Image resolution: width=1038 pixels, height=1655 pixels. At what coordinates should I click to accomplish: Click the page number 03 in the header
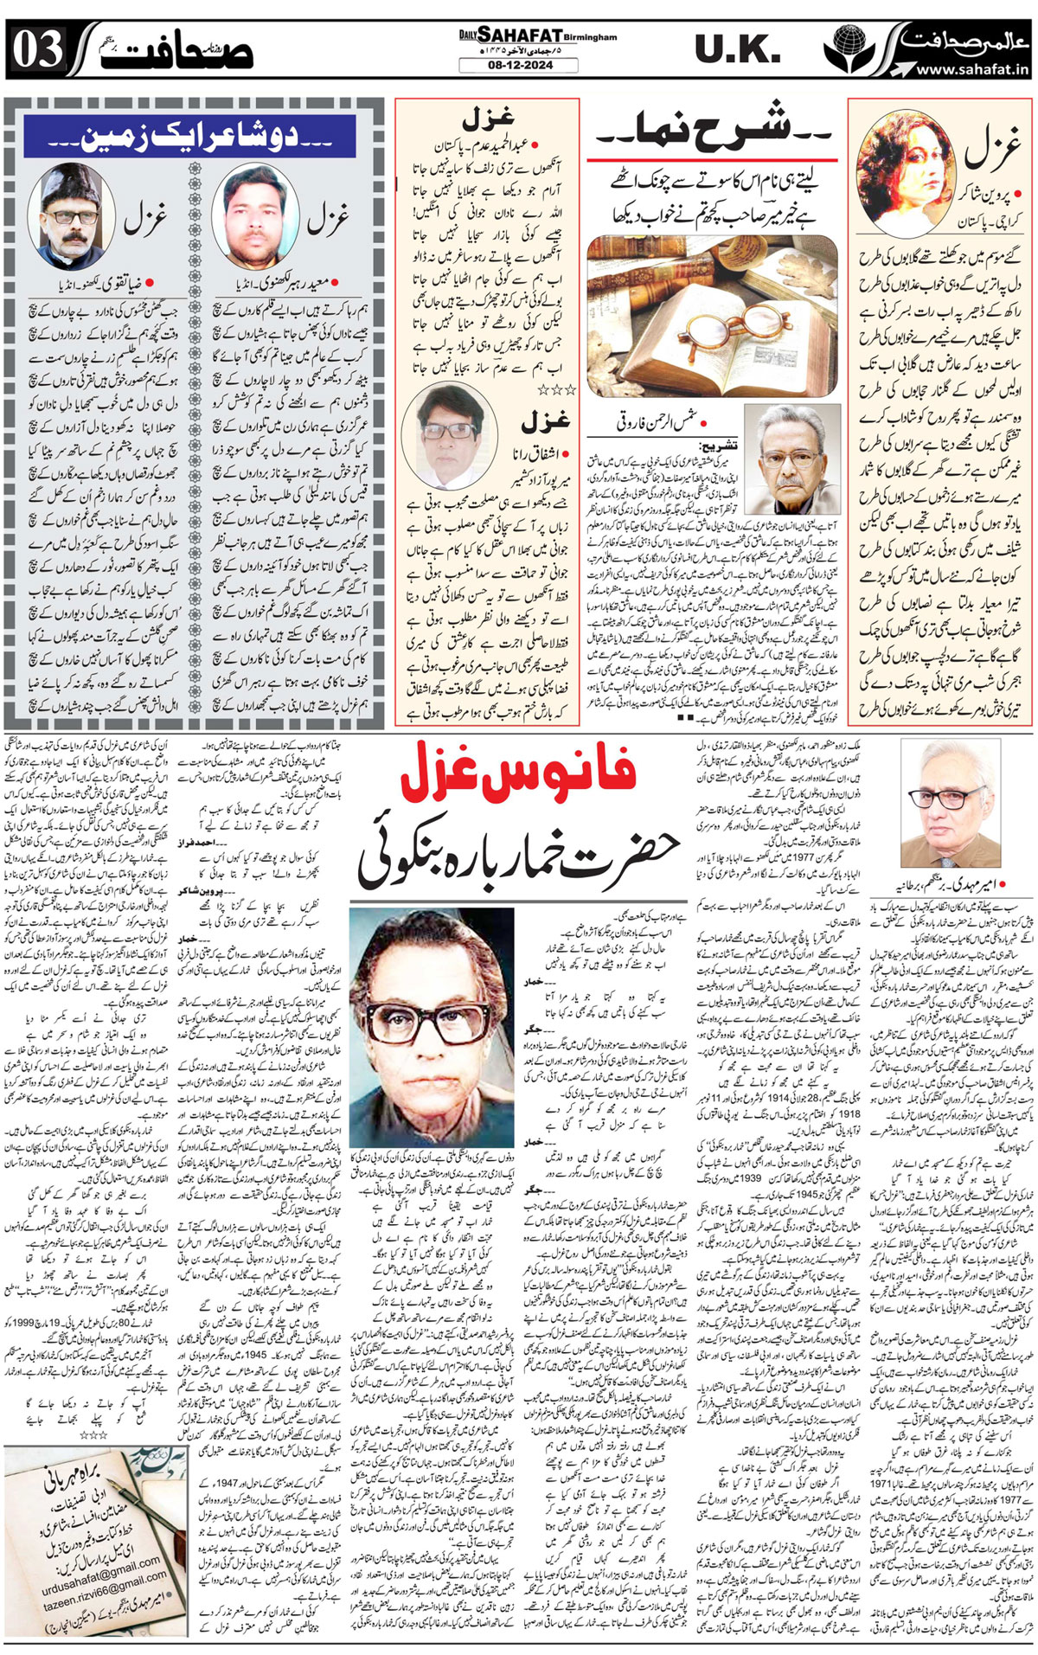pyautogui.click(x=37, y=50)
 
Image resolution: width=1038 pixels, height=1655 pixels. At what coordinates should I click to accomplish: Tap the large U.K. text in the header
pyautogui.click(x=738, y=50)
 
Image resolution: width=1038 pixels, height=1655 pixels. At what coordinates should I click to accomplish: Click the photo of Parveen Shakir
pyautogui.click(x=899, y=170)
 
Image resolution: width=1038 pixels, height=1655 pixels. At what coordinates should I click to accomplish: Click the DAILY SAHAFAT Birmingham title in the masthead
pyautogui.click(x=537, y=36)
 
